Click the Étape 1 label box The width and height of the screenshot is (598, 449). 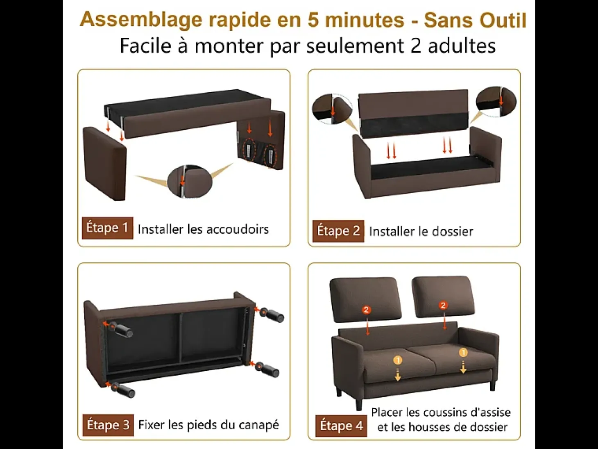pos(108,228)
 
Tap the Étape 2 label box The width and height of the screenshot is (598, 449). pos(338,231)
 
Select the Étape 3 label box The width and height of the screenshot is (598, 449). pos(108,425)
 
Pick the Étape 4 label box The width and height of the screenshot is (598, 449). pos(341,426)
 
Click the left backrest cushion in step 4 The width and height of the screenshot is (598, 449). pos(366,298)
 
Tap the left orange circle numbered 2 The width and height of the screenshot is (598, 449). pos(367,310)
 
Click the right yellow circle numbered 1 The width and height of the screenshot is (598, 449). pos(463,353)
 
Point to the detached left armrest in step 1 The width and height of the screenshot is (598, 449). pos(104,164)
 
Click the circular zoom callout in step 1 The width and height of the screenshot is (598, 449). pos(190,181)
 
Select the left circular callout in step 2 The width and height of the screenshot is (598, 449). pos(332,109)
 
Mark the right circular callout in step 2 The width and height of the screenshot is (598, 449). pos(496,102)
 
